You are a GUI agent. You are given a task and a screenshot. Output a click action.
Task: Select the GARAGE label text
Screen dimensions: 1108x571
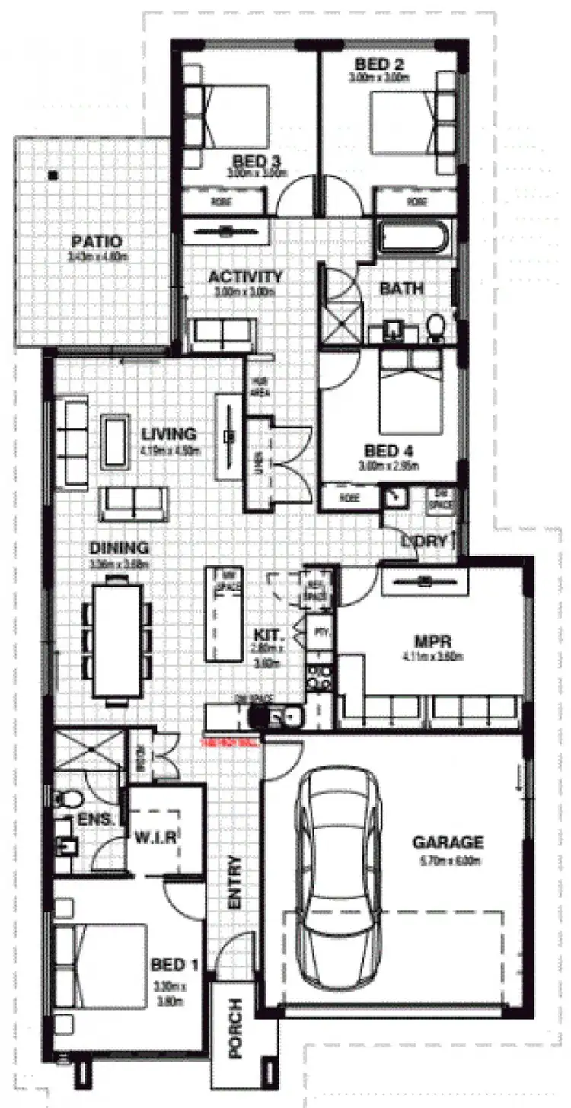pyautogui.click(x=448, y=842)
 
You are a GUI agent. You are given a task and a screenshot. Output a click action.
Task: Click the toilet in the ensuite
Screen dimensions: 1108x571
pyautogui.click(x=71, y=800)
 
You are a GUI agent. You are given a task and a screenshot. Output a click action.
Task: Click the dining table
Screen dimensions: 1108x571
pyautogui.click(x=120, y=640)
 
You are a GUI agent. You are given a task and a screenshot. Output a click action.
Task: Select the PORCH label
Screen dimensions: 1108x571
pyautogui.click(x=235, y=1027)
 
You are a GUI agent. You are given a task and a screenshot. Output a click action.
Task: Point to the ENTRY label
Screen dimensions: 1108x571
pyautogui.click(x=234, y=883)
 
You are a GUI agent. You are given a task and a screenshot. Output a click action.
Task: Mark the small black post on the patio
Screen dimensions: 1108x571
pyautogui.click(x=52, y=175)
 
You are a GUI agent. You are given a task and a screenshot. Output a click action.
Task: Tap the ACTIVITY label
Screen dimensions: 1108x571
pyautogui.click(x=245, y=277)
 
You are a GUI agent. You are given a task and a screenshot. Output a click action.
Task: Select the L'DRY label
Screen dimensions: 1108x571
pyautogui.click(x=427, y=543)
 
